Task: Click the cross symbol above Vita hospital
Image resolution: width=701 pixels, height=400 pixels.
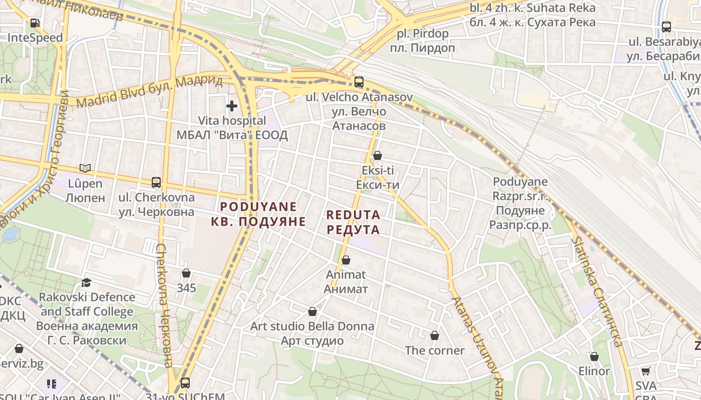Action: point(231,106)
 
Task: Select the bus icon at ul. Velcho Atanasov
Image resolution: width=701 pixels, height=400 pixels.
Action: point(359,82)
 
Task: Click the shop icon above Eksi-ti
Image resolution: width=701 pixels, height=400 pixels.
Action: point(378,156)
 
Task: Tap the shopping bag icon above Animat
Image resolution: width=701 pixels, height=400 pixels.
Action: point(345,260)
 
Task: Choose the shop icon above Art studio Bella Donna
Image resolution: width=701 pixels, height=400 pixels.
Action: point(312,312)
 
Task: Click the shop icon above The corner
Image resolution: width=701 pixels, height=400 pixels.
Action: point(435,335)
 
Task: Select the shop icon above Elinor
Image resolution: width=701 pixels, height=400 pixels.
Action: point(594,357)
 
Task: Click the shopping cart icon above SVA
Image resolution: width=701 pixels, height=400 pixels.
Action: point(646,371)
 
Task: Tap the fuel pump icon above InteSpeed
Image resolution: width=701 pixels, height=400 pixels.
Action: point(35,23)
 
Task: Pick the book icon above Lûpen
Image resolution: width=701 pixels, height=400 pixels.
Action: point(85,168)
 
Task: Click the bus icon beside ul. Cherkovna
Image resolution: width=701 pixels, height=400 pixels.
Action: point(156,182)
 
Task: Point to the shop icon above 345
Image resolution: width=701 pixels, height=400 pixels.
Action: point(186,273)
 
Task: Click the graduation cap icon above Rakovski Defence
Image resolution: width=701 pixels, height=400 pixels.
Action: point(87,283)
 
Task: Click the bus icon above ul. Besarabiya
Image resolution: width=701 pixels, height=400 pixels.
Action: point(666,27)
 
